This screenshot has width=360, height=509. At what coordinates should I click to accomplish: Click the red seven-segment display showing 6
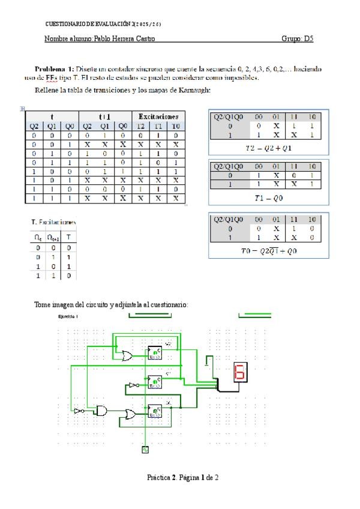(x=240, y=373)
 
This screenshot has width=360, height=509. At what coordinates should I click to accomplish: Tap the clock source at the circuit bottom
(x=145, y=448)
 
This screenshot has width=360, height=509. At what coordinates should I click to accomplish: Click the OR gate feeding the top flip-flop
(x=127, y=356)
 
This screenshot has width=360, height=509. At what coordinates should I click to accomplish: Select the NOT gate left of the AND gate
(x=79, y=411)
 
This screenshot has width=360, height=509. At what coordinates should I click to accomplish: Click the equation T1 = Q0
(x=268, y=196)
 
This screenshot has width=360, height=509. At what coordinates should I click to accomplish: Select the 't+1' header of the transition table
(x=104, y=116)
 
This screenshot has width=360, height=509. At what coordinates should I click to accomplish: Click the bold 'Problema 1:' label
(x=55, y=69)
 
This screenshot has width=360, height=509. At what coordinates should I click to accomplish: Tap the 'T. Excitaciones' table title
(x=54, y=222)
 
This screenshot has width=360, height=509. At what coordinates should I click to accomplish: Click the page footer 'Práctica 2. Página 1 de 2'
(x=183, y=478)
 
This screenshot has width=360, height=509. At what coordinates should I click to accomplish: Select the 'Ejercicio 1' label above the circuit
(x=68, y=316)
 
